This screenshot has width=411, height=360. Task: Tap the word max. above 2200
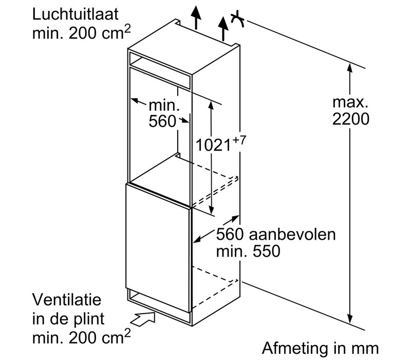click(349, 101)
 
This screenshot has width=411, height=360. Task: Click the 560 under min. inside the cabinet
click(161, 123)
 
